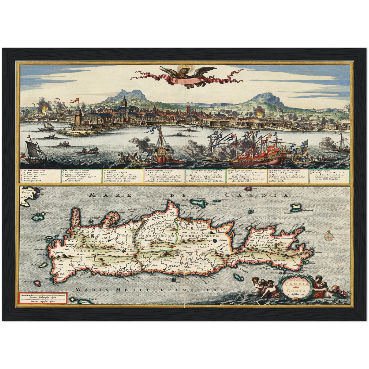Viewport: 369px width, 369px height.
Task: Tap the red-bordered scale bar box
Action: click(43, 298)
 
